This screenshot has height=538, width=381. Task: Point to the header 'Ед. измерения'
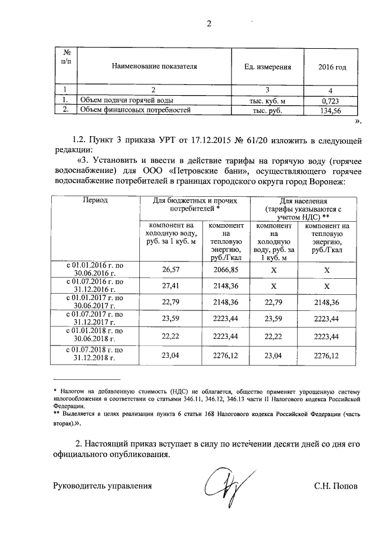(267, 67)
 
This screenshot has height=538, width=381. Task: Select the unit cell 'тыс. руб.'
(266, 111)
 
